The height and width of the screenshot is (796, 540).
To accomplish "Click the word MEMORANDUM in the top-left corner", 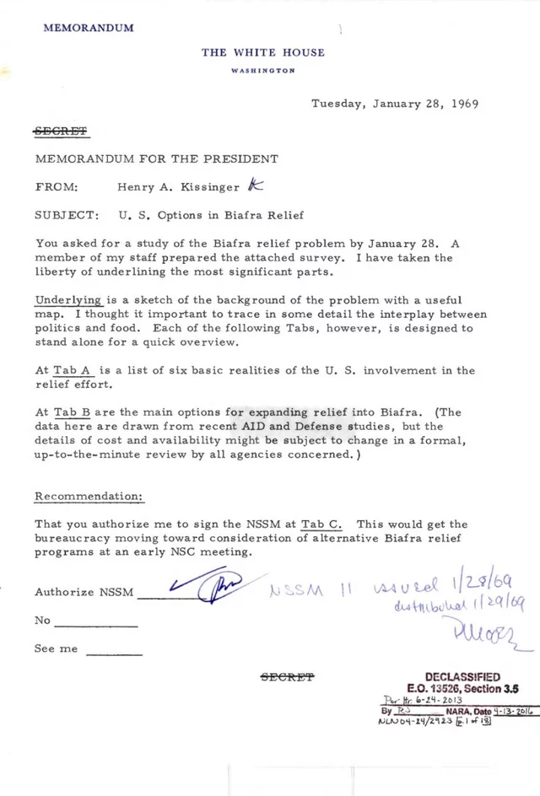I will pyautogui.click(x=89, y=28).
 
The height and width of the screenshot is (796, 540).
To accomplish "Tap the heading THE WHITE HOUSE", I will pyautogui.click(x=262, y=52).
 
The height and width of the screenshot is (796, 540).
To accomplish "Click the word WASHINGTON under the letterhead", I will pyautogui.click(x=262, y=70).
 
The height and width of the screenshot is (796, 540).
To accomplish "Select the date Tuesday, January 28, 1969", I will pyautogui.click(x=395, y=105).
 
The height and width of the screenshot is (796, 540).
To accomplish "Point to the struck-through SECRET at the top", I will pyautogui.click(x=61, y=132).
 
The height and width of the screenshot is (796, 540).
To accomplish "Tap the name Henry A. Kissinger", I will pyautogui.click(x=179, y=187).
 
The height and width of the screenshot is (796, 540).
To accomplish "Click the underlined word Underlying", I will pyautogui.click(x=69, y=300).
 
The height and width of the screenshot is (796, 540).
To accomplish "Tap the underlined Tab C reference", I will pyautogui.click(x=329, y=524).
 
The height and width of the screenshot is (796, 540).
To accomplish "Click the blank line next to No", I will pyautogui.click(x=95, y=624).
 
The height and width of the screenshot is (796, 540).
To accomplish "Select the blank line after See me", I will pyautogui.click(x=114, y=653).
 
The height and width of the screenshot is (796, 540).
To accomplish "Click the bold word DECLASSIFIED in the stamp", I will pyautogui.click(x=462, y=677).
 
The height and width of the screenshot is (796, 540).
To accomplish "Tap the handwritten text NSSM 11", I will pyautogui.click(x=307, y=589).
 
